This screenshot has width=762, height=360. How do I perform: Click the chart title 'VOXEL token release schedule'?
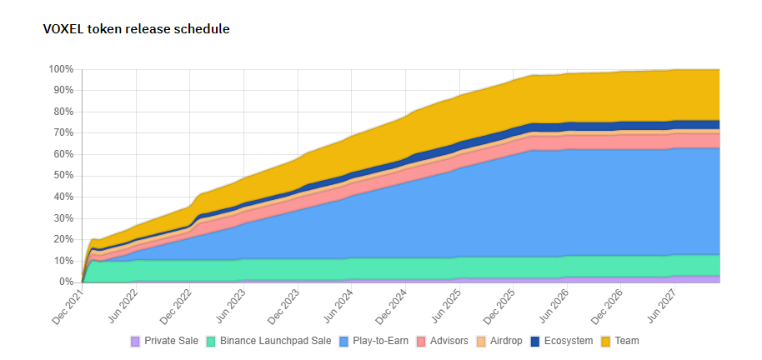(x=136, y=29)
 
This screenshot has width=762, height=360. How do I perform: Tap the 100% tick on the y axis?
(x=62, y=69)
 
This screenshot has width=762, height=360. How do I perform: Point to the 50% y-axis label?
(x=64, y=176)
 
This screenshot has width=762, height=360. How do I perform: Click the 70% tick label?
(x=64, y=133)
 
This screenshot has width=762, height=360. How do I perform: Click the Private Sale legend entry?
(x=164, y=341)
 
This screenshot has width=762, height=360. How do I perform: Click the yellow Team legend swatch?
(x=606, y=341)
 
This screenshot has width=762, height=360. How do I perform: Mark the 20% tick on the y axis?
(x=64, y=240)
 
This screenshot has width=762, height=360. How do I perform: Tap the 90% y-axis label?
(x=64, y=90)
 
